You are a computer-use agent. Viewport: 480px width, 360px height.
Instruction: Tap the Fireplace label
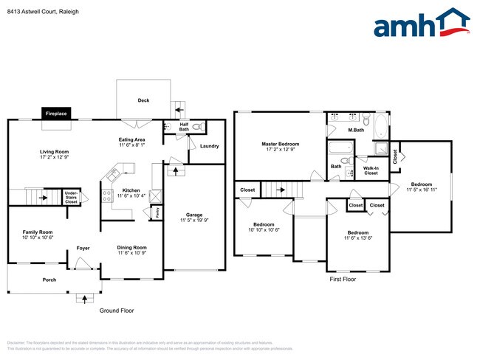(x=57, y=114)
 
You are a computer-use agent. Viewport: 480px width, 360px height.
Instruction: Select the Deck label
(x=143, y=100)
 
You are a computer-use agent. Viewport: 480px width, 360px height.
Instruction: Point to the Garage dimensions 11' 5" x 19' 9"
(x=193, y=220)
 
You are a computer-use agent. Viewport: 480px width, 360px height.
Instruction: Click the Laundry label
(x=209, y=146)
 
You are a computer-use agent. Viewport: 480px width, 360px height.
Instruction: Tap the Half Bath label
(x=184, y=127)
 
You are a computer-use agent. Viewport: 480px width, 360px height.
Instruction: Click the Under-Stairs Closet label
(x=71, y=197)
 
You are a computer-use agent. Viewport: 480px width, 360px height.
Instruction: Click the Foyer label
(x=83, y=248)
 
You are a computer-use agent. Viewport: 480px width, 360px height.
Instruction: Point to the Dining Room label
(x=131, y=248)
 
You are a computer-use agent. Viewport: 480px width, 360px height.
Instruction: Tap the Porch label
(x=49, y=280)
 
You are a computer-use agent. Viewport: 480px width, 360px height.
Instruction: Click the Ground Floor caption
(x=116, y=311)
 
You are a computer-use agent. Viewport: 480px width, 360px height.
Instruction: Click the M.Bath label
(x=356, y=131)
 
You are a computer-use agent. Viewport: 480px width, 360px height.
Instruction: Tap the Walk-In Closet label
(x=371, y=171)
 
